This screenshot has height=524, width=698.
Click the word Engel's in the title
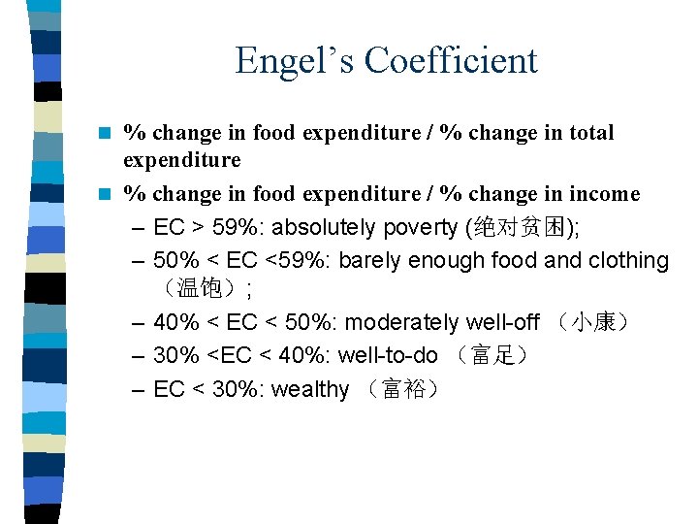(295, 60)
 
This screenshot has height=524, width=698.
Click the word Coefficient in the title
(451, 60)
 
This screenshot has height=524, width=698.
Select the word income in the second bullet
(605, 194)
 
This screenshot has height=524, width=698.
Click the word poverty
(420, 228)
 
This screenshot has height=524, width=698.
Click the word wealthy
(310, 389)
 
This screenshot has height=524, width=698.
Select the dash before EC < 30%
(137, 390)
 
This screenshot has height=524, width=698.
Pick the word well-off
(504, 322)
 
